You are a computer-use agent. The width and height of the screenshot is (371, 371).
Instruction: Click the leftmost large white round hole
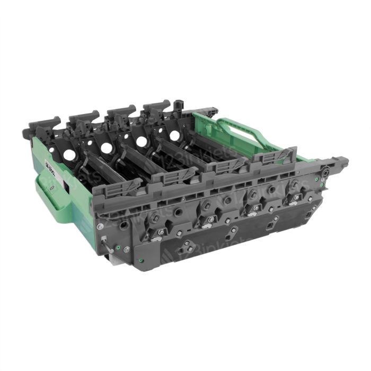70,155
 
